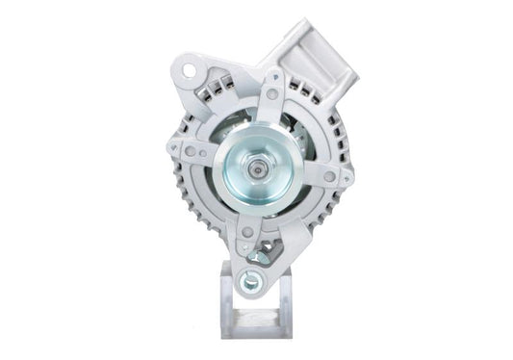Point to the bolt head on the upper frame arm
pos(272,94)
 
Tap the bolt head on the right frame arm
pos(329,177)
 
